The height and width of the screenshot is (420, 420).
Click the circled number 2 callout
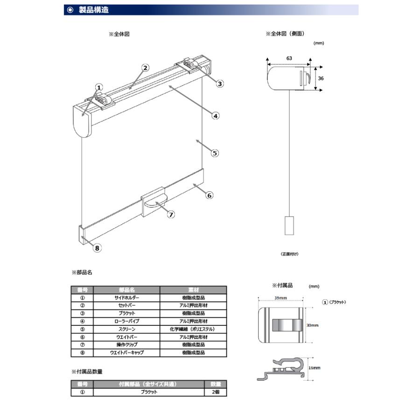coord(145,68)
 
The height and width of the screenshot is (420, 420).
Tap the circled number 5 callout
coord(215,153)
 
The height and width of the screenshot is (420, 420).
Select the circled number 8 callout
coord(97,248)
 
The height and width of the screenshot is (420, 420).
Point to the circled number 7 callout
coord(171,215)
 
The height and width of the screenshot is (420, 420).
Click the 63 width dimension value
coord(289,58)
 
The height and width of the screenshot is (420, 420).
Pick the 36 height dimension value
coord(321,78)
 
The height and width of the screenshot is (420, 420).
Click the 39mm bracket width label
coord(280,298)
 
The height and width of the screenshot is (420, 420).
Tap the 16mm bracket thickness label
coord(314,368)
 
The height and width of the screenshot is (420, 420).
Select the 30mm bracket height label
coord(312,325)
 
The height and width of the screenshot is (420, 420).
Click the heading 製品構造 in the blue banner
coord(94,10)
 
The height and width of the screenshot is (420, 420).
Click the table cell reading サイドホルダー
coord(126,298)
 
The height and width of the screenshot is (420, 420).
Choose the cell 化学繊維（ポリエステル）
coord(193,329)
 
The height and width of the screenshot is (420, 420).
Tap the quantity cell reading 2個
coord(215,392)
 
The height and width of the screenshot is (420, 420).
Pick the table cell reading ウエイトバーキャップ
coord(126,352)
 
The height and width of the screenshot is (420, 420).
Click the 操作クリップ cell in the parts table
coord(126,345)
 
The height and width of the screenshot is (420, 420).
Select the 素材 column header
coord(193,290)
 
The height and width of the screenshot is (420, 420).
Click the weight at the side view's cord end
coord(289,225)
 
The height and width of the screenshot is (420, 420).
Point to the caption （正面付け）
coord(289,254)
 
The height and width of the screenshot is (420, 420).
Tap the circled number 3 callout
coord(220,84)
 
